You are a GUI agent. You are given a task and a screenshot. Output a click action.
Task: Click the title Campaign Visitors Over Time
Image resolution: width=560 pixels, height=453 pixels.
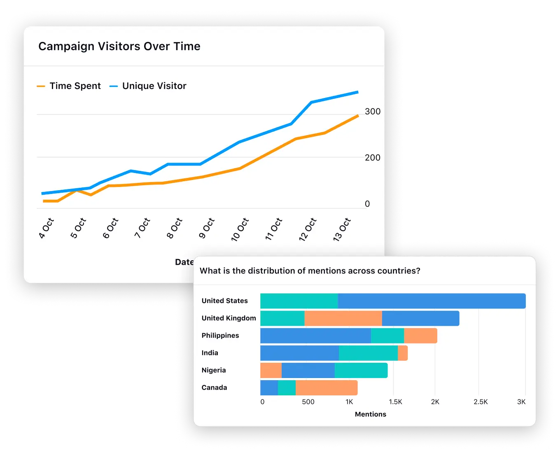click(x=119, y=47)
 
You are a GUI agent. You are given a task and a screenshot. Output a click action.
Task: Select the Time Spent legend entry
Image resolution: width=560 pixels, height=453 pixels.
click(x=69, y=86)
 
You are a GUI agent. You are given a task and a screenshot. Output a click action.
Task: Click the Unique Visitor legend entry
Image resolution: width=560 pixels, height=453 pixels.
click(x=148, y=86)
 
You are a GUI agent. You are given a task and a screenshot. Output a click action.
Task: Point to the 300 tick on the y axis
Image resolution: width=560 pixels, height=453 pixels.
click(x=373, y=112)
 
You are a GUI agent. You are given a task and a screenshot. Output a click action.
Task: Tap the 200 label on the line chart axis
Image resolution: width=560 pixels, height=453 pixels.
click(x=373, y=158)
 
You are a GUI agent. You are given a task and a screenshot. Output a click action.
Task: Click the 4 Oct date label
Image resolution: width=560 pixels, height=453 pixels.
click(x=47, y=229)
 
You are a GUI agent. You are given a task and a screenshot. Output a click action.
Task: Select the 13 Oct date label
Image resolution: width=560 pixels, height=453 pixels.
click(x=342, y=229)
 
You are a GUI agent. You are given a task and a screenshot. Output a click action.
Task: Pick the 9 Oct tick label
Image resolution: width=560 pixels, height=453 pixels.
click(x=207, y=229)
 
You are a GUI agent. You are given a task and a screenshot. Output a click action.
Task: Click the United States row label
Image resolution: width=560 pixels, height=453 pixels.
click(x=224, y=301)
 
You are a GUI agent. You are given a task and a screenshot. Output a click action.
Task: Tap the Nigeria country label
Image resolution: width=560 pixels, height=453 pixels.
click(x=214, y=370)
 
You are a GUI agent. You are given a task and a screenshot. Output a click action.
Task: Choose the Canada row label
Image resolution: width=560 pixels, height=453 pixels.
click(x=214, y=388)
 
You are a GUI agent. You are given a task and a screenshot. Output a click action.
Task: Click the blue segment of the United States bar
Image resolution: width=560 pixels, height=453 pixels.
click(x=432, y=301)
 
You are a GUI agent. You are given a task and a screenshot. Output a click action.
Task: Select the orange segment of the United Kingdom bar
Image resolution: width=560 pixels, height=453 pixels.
click(x=343, y=318)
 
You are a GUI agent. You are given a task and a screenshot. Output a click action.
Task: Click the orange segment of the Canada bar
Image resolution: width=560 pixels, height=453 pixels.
click(x=327, y=388)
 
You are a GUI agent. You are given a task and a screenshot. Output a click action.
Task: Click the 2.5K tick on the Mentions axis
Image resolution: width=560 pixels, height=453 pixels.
click(x=481, y=402)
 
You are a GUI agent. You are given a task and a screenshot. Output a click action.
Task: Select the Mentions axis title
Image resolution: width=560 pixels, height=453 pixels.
click(x=371, y=414)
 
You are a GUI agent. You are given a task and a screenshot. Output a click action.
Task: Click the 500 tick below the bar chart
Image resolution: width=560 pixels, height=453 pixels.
click(x=308, y=402)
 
